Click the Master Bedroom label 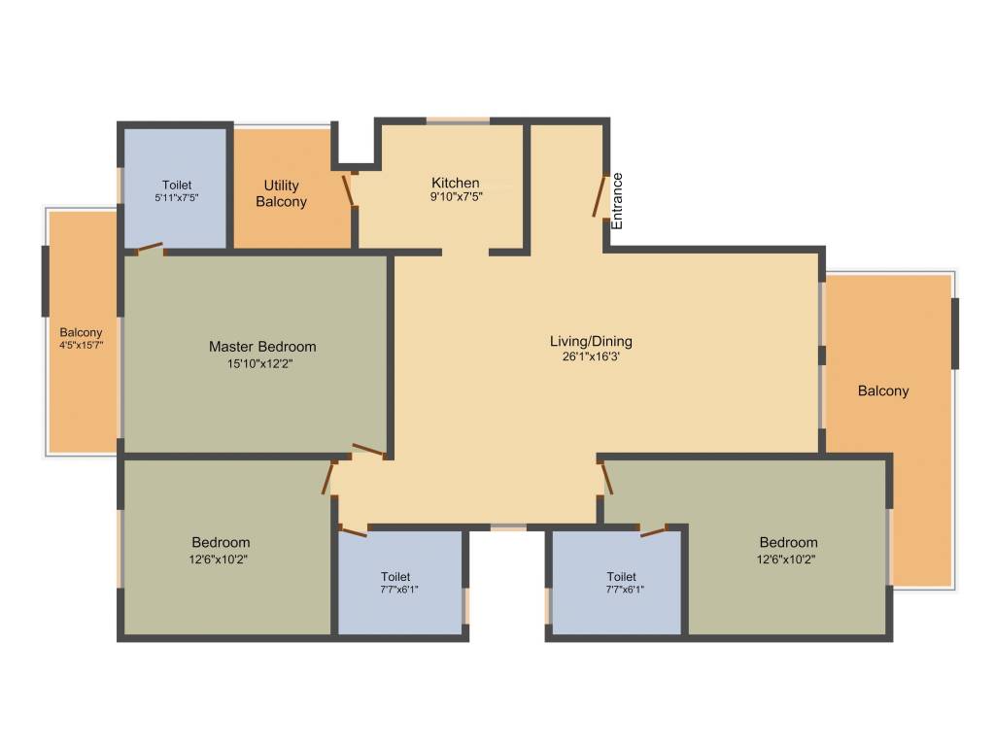tap(262, 347)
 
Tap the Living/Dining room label tap(591, 341)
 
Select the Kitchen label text tap(456, 183)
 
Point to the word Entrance tap(617, 200)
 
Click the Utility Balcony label tap(281, 193)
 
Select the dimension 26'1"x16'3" tap(591, 356)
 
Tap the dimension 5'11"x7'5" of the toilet tap(177, 197)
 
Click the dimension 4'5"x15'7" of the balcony tap(81, 345)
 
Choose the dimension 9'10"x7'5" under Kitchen tap(456, 196)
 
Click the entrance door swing tap(602, 195)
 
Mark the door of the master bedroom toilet tap(149, 249)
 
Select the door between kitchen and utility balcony tap(348, 189)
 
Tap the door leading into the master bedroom tap(369, 449)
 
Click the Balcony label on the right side tap(883, 391)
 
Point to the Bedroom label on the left tap(221, 542)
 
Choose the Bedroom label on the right tap(788, 542)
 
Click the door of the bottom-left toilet tap(353, 529)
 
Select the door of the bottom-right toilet tap(653, 530)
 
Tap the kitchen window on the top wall tap(458, 120)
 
